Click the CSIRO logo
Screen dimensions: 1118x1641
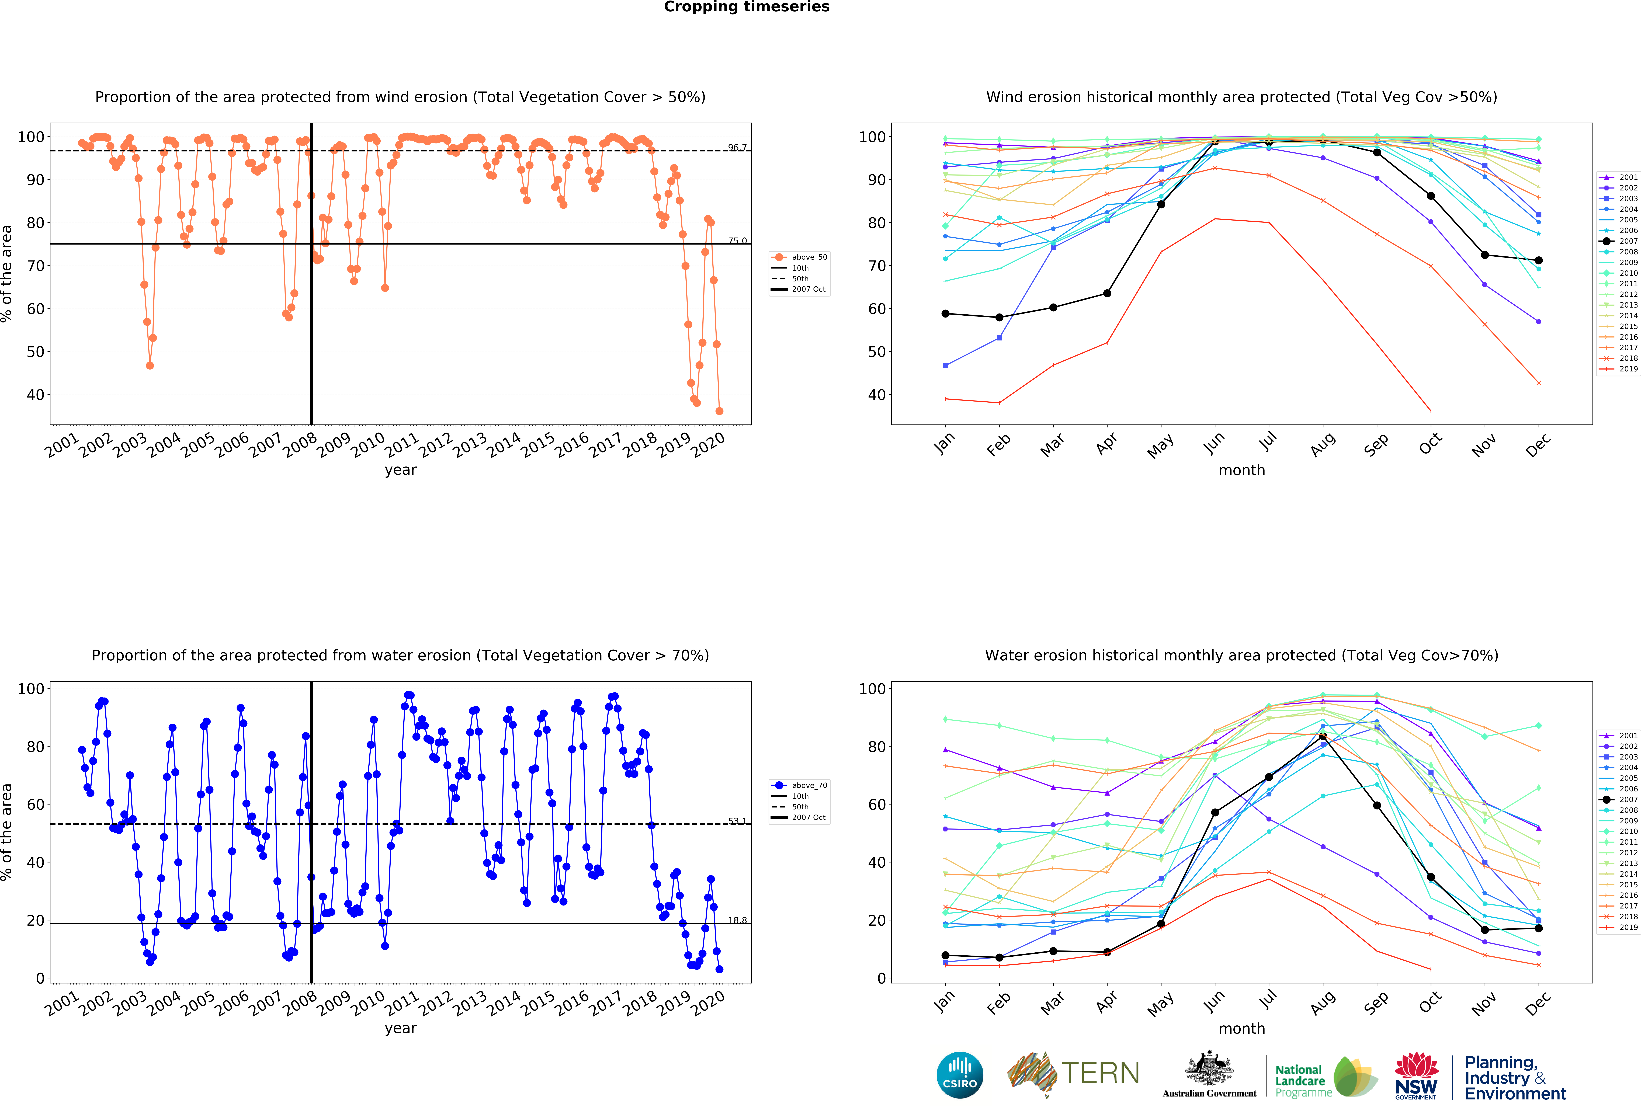point(960,1075)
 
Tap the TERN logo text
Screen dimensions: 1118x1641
point(1100,1074)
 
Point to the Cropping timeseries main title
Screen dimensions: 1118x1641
point(746,7)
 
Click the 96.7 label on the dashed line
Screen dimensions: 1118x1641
point(737,148)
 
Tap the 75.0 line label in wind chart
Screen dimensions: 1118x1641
point(737,241)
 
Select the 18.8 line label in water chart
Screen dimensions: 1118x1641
point(737,920)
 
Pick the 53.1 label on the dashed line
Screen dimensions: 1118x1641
point(737,821)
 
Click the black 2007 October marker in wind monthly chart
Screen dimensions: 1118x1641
point(1431,196)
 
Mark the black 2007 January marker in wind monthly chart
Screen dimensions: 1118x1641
point(945,313)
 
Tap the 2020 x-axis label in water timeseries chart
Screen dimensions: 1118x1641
point(708,1002)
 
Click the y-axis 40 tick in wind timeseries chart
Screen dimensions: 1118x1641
point(35,395)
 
